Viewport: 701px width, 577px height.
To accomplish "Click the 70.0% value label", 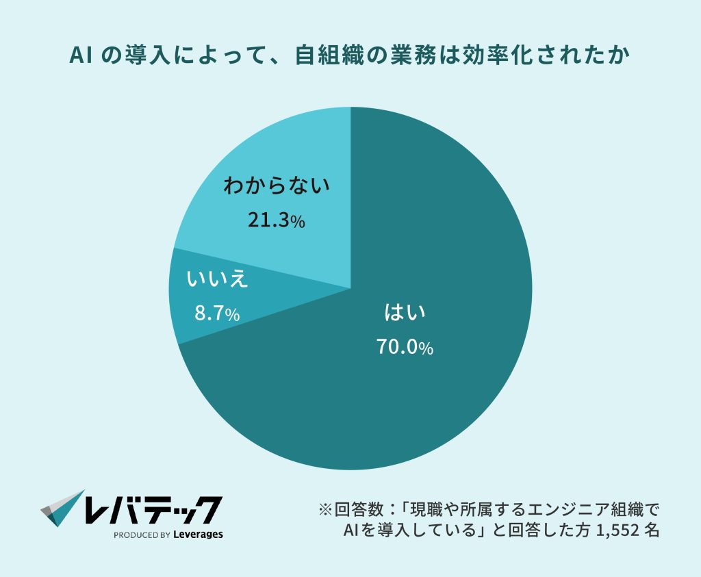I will tap(405, 348).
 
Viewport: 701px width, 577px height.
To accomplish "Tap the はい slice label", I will tap(405, 314).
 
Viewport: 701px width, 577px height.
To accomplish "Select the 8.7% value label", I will tap(217, 314).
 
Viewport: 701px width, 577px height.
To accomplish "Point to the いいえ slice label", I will tap(217, 280).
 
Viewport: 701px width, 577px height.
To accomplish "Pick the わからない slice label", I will tap(276, 185).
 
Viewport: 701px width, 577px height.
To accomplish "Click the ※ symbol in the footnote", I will tap(326, 511).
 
